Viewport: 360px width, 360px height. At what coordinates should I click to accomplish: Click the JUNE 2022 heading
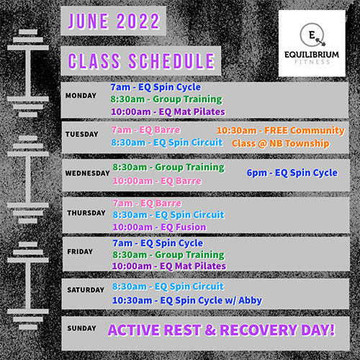point(114,21)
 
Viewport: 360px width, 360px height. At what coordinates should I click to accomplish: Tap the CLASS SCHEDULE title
point(141,61)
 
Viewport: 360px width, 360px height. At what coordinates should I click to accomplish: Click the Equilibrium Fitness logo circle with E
point(312,35)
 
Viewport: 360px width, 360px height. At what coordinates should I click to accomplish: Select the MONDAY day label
point(81,96)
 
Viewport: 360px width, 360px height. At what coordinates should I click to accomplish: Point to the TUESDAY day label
point(82,134)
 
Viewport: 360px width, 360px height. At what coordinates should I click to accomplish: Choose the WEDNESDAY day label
point(88,173)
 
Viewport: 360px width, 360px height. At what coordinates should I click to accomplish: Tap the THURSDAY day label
point(86,213)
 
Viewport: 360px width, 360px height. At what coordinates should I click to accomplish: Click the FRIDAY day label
point(80,251)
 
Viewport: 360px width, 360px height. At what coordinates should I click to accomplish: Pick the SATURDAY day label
point(86,290)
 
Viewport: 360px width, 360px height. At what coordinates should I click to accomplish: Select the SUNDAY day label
point(81,328)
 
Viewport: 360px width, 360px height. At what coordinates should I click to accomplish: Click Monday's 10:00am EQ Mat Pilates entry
point(168,112)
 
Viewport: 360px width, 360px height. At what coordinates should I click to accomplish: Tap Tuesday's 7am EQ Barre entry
point(146,130)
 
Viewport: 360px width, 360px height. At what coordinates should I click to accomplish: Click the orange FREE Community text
point(305,130)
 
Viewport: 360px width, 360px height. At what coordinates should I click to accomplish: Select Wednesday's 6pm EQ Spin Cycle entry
point(292,173)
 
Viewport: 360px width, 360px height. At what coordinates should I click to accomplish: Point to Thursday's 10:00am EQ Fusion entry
point(160,227)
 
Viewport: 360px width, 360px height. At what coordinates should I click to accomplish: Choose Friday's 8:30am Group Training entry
point(168,255)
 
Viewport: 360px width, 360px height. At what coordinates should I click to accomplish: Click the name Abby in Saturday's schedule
point(251,300)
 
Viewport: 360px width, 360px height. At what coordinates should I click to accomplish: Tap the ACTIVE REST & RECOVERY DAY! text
point(221,330)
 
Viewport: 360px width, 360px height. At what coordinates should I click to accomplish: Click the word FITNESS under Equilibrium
point(312,62)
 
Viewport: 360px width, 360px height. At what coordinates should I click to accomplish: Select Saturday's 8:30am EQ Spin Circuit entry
point(168,287)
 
